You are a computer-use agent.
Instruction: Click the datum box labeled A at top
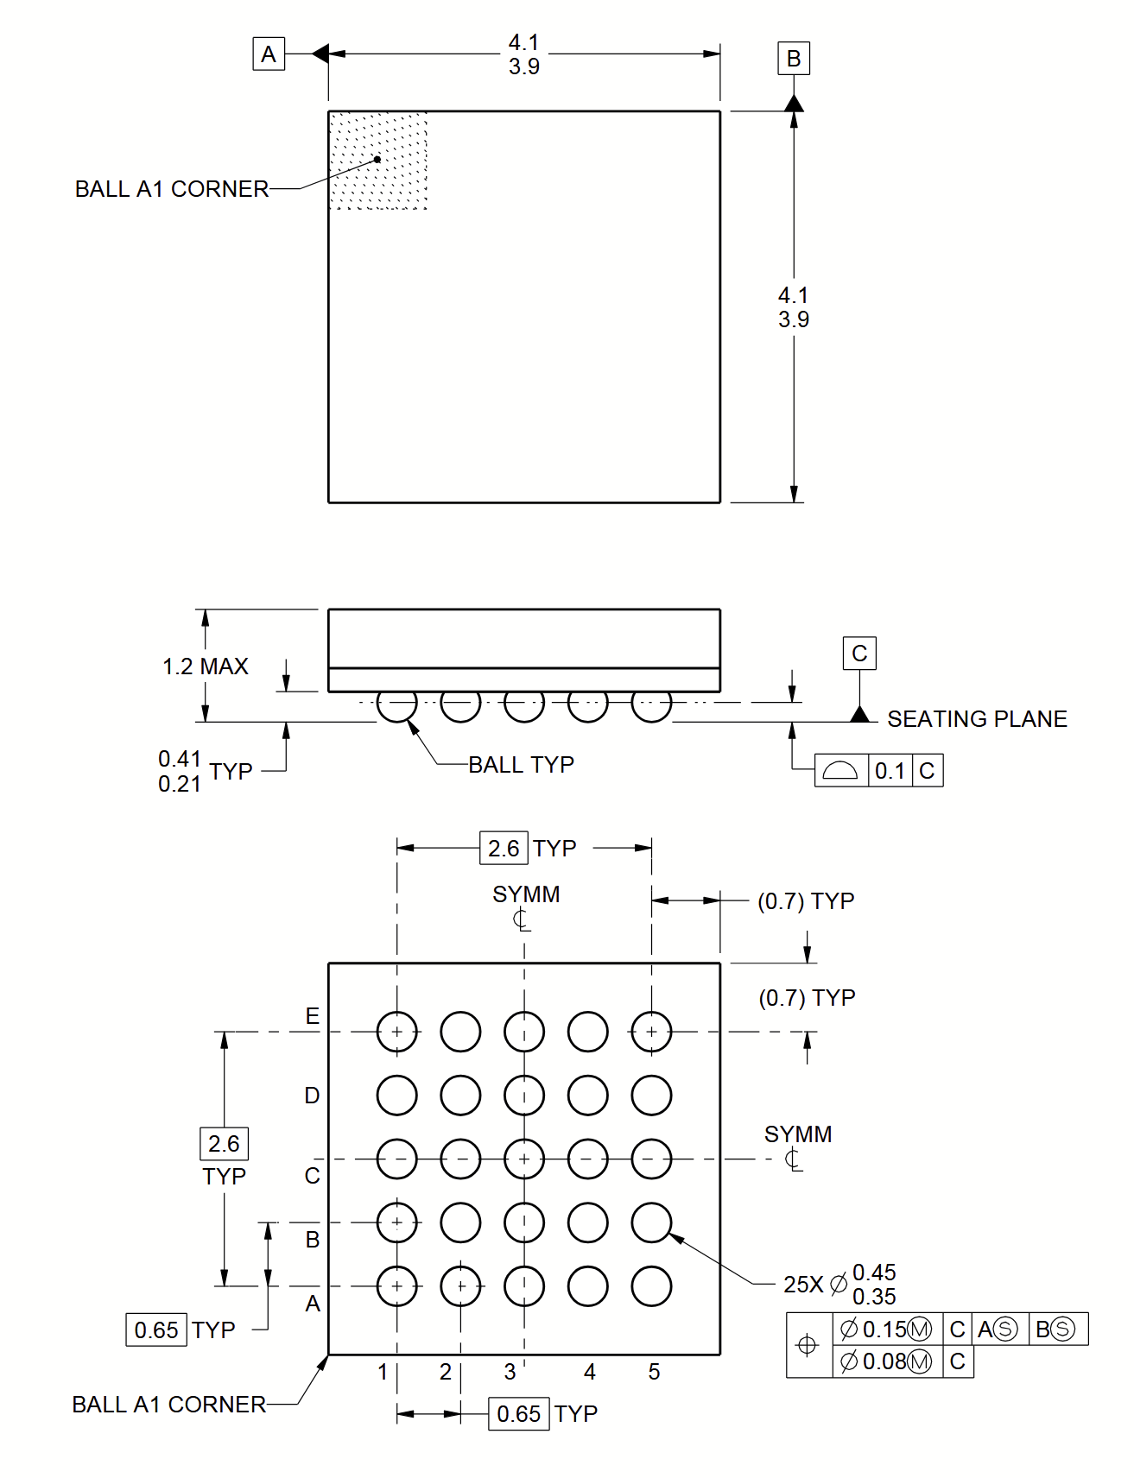pyautogui.click(x=269, y=54)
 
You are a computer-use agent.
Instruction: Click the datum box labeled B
pyautogui.click(x=793, y=59)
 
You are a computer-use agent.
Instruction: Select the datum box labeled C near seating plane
pyautogui.click(x=858, y=654)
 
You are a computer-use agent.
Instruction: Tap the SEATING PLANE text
pyautogui.click(x=977, y=719)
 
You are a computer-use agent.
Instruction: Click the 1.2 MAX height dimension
pyautogui.click(x=206, y=666)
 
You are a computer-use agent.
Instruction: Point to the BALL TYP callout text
pyautogui.click(x=521, y=765)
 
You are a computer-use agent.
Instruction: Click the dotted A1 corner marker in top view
pyautogui.click(x=378, y=161)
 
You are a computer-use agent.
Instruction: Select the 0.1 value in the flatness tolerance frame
pyautogui.click(x=889, y=771)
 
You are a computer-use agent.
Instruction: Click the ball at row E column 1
pyautogui.click(x=397, y=1032)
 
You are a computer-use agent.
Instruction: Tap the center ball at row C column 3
pyautogui.click(x=524, y=1159)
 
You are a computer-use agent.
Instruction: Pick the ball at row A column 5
pyautogui.click(x=651, y=1286)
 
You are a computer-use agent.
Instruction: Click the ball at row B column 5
pyautogui.click(x=651, y=1222)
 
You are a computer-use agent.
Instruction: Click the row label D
pyautogui.click(x=312, y=1096)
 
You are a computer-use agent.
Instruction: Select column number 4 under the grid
pyautogui.click(x=589, y=1372)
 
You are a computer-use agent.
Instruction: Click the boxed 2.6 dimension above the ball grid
pyautogui.click(x=504, y=849)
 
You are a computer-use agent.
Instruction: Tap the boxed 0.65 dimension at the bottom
pyautogui.click(x=518, y=1414)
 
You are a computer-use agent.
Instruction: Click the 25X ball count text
pyautogui.click(x=802, y=1285)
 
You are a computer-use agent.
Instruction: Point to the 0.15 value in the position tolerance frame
pyautogui.click(x=884, y=1330)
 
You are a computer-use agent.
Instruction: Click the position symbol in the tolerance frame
pyautogui.click(x=808, y=1345)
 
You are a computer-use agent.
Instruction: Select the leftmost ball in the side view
pyautogui.click(x=397, y=704)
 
